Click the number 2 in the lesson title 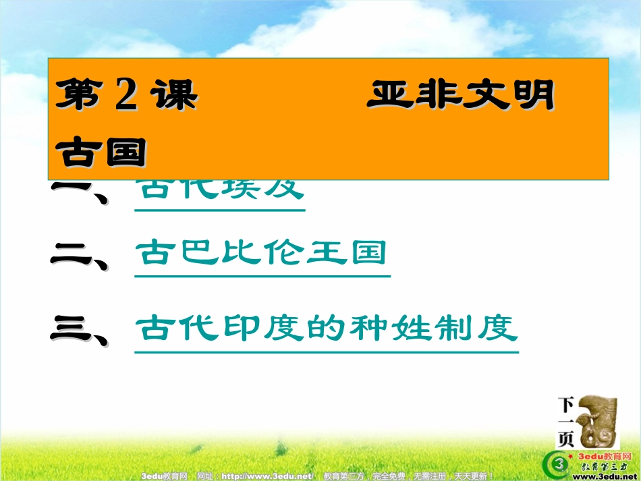point(127,95)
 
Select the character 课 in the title point(174,95)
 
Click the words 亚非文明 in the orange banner point(460,95)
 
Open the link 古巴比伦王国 point(261,254)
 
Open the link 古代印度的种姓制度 point(326,329)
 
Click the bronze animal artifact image point(596,422)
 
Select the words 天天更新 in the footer point(470,476)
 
